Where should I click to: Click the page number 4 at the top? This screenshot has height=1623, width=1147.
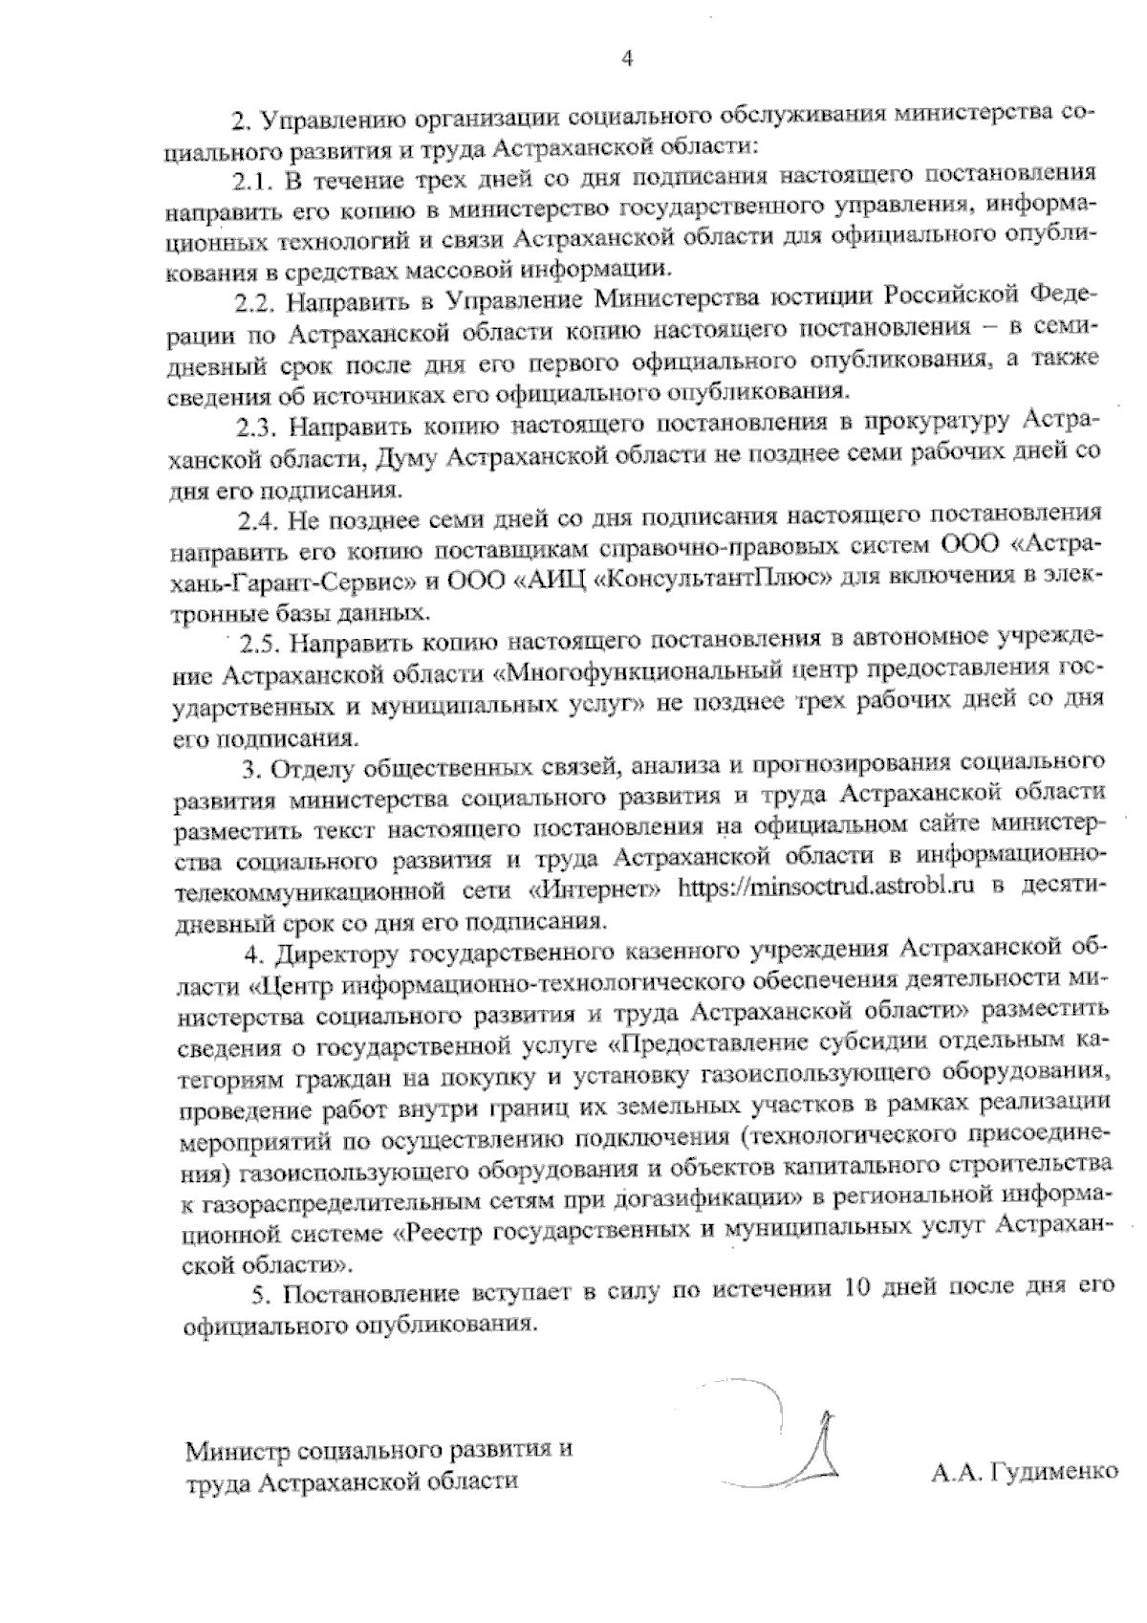click(627, 59)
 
